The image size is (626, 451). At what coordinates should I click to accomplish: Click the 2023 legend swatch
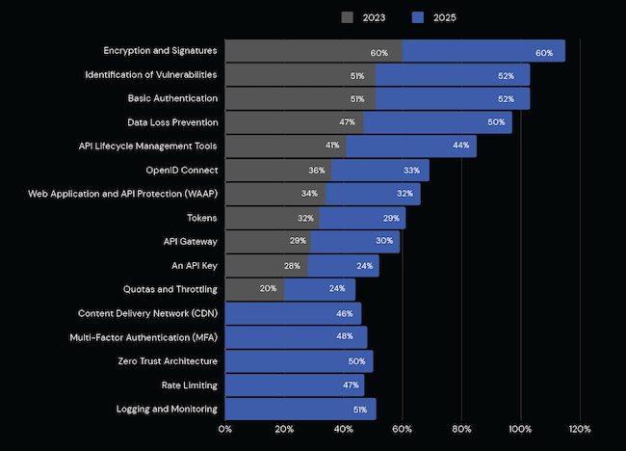pos(348,17)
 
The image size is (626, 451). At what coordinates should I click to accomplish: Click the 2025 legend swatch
pos(418,17)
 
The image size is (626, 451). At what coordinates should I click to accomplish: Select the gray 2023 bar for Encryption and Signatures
pos(313,52)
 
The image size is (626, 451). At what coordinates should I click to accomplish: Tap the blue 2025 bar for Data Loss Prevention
pos(437,123)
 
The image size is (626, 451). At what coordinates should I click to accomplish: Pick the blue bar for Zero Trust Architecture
pos(299,361)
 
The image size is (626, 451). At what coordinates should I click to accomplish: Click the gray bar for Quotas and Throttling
pos(254,289)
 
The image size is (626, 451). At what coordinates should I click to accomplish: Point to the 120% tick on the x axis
pos(580,430)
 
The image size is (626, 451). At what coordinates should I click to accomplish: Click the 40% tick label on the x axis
pos(343,430)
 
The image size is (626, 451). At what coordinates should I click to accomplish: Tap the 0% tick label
pos(225,430)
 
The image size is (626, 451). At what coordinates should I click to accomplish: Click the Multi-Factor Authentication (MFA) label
pos(143,337)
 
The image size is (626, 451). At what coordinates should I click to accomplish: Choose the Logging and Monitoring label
pos(167,409)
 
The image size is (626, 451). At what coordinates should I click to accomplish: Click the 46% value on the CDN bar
pos(343,314)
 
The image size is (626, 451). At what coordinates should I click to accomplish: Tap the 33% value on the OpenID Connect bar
pos(411,171)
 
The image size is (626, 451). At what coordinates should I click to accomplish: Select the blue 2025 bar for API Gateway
pos(354,242)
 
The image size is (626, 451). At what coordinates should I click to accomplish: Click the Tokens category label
pos(201,218)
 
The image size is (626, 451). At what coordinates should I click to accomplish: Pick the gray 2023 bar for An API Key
pos(266,266)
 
